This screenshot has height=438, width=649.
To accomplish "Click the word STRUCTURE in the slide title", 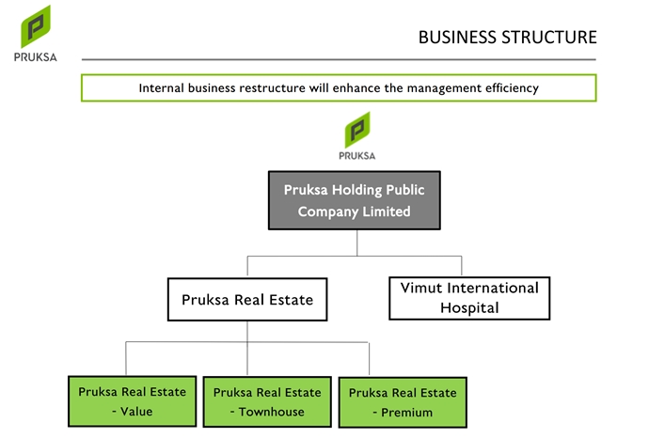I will [548, 38].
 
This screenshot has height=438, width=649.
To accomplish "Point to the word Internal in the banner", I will [163, 87].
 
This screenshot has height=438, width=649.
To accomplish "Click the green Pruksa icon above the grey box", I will [356, 128].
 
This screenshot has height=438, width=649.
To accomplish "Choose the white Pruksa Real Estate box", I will [247, 301].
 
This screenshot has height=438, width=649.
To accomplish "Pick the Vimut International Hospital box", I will [468, 298].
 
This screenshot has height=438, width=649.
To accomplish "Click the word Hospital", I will [468, 308].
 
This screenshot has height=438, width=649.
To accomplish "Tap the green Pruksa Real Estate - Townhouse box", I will [266, 401].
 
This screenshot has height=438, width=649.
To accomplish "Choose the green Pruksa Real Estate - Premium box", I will [402, 402].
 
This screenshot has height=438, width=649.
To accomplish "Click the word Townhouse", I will [271, 412].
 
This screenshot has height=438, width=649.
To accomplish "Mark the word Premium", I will [406, 413].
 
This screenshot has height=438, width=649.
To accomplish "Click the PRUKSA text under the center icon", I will [356, 156].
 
